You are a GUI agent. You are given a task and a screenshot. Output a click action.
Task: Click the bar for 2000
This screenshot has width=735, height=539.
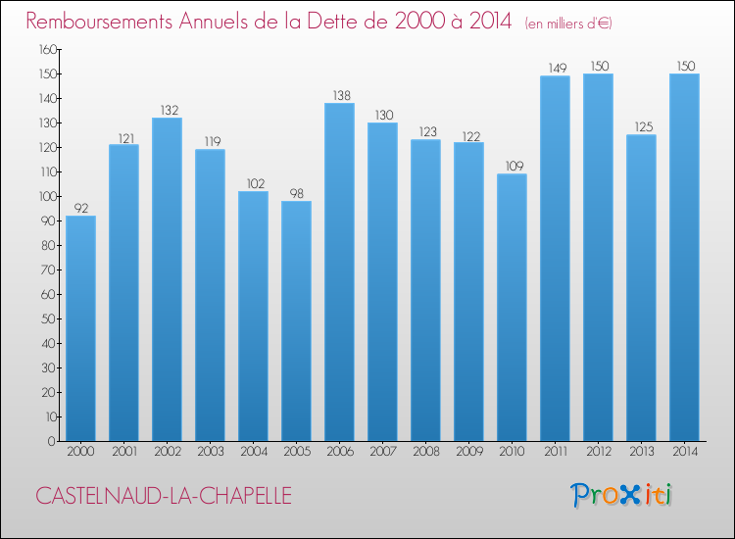coord(80,328)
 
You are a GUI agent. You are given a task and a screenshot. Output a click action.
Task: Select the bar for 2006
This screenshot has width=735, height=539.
coord(339,272)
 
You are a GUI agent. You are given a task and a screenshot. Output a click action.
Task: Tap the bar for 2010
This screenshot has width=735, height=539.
coord(512,308)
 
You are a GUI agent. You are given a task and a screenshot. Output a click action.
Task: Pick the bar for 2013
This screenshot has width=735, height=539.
coord(641,288)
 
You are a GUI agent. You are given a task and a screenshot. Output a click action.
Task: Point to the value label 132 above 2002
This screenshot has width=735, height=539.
coord(167,110)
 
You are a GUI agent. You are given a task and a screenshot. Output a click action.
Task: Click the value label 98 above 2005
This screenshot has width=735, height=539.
coord(296,193)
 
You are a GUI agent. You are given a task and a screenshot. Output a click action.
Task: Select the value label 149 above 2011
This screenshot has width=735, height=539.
coord(555,68)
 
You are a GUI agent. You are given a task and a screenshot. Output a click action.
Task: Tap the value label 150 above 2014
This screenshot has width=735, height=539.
coord(684,66)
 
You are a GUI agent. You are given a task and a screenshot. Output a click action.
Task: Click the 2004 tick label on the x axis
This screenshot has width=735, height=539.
coord(253,453)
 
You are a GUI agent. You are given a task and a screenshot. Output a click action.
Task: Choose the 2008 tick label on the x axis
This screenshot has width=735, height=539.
coord(425,453)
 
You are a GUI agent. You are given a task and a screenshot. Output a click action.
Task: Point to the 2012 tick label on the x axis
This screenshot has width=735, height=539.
coord(598,453)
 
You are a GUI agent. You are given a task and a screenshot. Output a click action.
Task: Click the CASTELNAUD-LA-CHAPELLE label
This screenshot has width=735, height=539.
coord(164,496)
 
